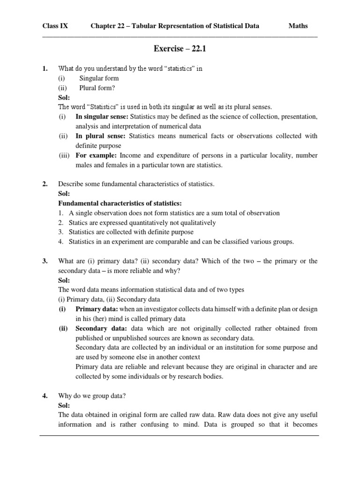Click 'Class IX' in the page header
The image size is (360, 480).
coord(55,26)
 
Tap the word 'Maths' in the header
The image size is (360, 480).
coord(298,26)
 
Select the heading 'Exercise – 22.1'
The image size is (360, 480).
coord(180,48)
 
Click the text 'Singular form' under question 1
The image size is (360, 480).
coord(99,78)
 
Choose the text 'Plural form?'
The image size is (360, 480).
coord(97,88)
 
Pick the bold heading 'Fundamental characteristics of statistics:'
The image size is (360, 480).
coord(120,203)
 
